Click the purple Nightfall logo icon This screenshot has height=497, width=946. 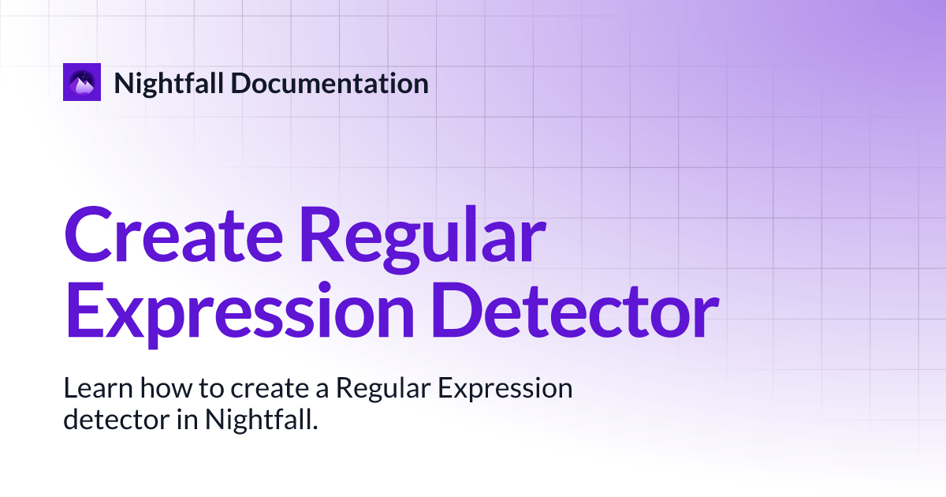tap(82, 82)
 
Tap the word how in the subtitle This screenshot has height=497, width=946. tap(147, 389)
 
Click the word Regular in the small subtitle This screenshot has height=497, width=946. tap(382, 390)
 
